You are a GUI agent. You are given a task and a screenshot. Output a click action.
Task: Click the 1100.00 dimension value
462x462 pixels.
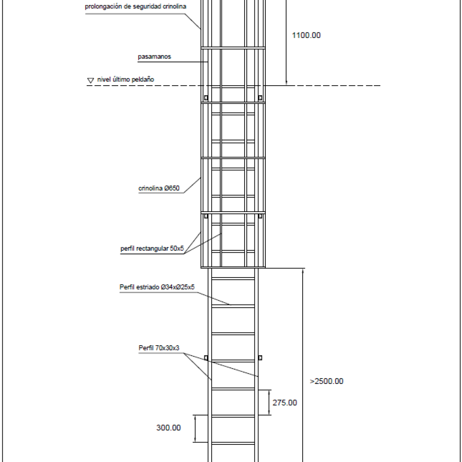coord(306,35)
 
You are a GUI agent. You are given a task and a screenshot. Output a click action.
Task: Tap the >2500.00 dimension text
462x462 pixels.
coord(327,381)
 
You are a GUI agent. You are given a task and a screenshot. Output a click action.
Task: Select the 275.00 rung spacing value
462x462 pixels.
coord(285,403)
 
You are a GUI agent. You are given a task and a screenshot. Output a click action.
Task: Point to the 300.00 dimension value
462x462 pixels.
coord(169,428)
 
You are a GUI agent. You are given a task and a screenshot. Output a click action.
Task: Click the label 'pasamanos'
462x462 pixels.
coord(154,56)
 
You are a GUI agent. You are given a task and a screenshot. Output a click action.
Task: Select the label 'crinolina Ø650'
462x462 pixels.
coord(159,188)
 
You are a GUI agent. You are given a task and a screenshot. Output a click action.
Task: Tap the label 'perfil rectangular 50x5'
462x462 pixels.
coord(152,249)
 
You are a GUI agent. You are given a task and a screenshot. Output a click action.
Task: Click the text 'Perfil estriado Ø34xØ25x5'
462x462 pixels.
coord(157,287)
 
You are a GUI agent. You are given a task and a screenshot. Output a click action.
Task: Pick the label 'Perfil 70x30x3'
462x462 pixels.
coord(159,348)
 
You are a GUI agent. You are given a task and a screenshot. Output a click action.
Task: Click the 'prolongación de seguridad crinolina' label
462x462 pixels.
coord(135,6)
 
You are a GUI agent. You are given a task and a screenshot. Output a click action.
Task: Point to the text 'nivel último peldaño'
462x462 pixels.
coord(125,79)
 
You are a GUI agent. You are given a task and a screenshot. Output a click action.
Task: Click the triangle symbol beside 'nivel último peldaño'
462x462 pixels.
coord(90,80)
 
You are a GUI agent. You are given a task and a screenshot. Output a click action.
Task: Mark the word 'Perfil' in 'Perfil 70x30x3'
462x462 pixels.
coord(146,348)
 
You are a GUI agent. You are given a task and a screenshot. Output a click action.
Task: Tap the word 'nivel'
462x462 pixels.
coord(104,79)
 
